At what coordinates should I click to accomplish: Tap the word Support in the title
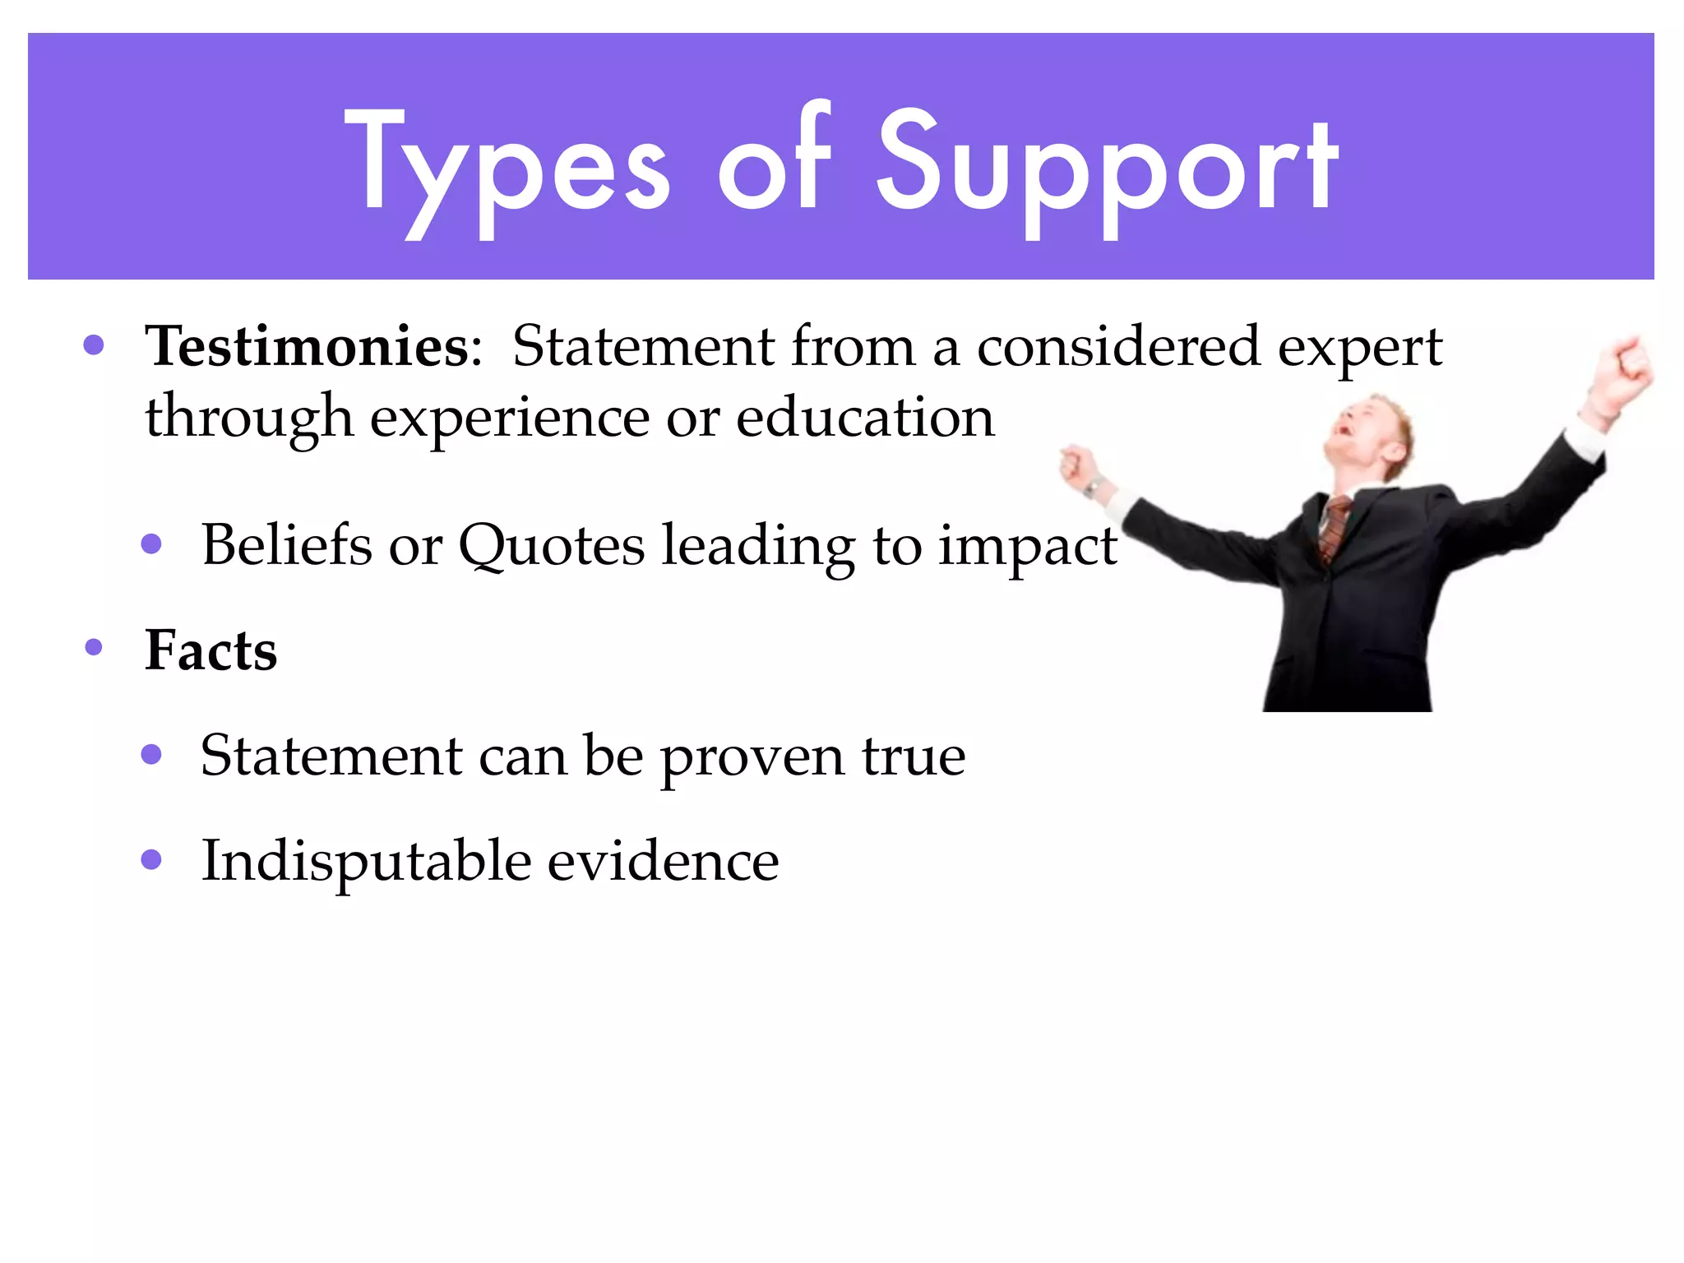coord(1106,169)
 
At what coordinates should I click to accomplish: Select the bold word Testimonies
coord(307,346)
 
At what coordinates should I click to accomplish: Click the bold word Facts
coord(210,650)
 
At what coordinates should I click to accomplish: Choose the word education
coord(865,418)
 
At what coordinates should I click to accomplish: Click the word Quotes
coord(552,545)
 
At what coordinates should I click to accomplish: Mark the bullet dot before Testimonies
coord(94,345)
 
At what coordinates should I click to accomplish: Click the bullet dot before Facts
coord(94,648)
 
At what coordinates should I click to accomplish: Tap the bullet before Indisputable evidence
coord(151,860)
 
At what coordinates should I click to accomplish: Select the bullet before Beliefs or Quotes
coord(151,544)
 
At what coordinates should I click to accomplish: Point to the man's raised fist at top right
coord(1629,366)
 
